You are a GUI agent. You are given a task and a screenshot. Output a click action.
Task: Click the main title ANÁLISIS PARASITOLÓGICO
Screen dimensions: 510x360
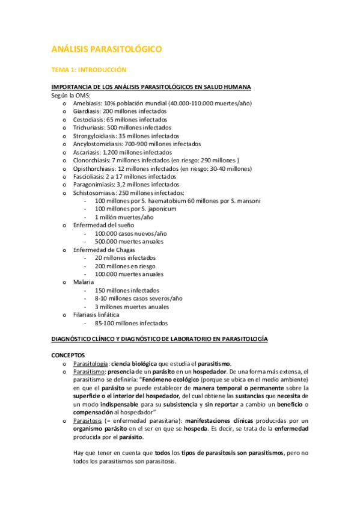pos(106,49)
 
